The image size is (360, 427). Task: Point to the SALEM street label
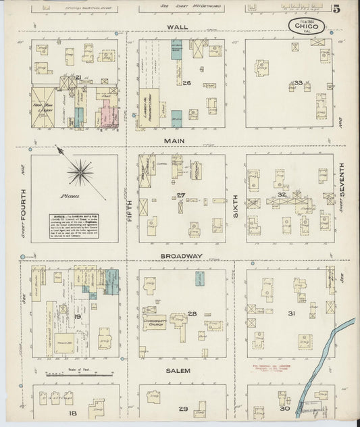(180, 371)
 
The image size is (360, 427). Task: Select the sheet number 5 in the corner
(336, 9)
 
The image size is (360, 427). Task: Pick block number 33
(298, 84)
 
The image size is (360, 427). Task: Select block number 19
(78, 316)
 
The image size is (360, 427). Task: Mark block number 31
(291, 313)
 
